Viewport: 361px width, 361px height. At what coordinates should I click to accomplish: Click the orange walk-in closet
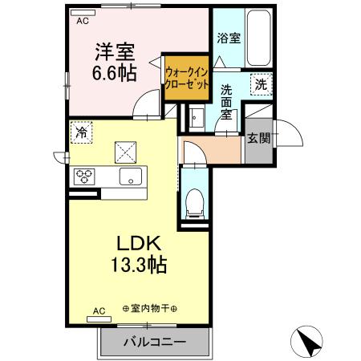click(x=187, y=79)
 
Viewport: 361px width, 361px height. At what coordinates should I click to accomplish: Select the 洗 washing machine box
click(x=262, y=83)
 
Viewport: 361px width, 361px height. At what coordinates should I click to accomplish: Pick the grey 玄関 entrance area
click(x=258, y=138)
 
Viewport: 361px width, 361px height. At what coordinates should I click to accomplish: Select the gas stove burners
click(x=85, y=177)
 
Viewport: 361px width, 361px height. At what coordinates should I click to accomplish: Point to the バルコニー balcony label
click(x=155, y=343)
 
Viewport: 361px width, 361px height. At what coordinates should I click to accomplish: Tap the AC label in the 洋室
click(x=81, y=22)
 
